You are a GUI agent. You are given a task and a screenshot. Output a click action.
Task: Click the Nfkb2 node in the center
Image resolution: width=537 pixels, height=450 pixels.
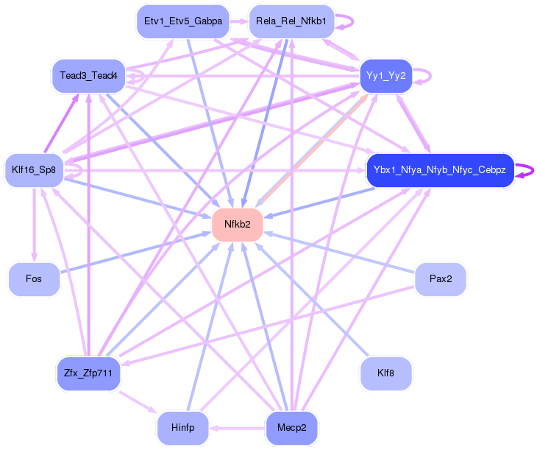pyautogui.click(x=237, y=225)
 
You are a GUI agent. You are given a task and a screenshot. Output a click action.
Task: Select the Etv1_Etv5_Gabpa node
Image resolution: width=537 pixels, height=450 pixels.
pyautogui.click(x=183, y=21)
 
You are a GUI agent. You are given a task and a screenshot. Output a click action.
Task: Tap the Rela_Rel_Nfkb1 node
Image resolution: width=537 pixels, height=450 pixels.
pyautogui.click(x=291, y=21)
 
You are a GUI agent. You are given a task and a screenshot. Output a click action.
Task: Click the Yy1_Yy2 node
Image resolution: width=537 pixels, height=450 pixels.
pyautogui.click(x=385, y=76)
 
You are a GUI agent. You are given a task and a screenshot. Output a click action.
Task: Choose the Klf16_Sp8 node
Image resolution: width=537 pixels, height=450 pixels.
pyautogui.click(x=34, y=170)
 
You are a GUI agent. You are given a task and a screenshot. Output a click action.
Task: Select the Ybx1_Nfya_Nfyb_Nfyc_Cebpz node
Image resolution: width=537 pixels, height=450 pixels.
pyautogui.click(x=439, y=170)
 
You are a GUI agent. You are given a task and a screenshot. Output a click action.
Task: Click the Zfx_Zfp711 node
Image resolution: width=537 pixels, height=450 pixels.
pyautogui.click(x=88, y=373)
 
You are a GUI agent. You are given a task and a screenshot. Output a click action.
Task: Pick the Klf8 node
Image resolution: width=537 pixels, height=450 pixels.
pyautogui.click(x=385, y=373)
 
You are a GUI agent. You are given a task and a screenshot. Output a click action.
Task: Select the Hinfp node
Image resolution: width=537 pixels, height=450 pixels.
pyautogui.click(x=182, y=428)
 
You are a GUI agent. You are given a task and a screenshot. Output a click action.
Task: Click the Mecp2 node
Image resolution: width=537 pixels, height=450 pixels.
pyautogui.click(x=291, y=428)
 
